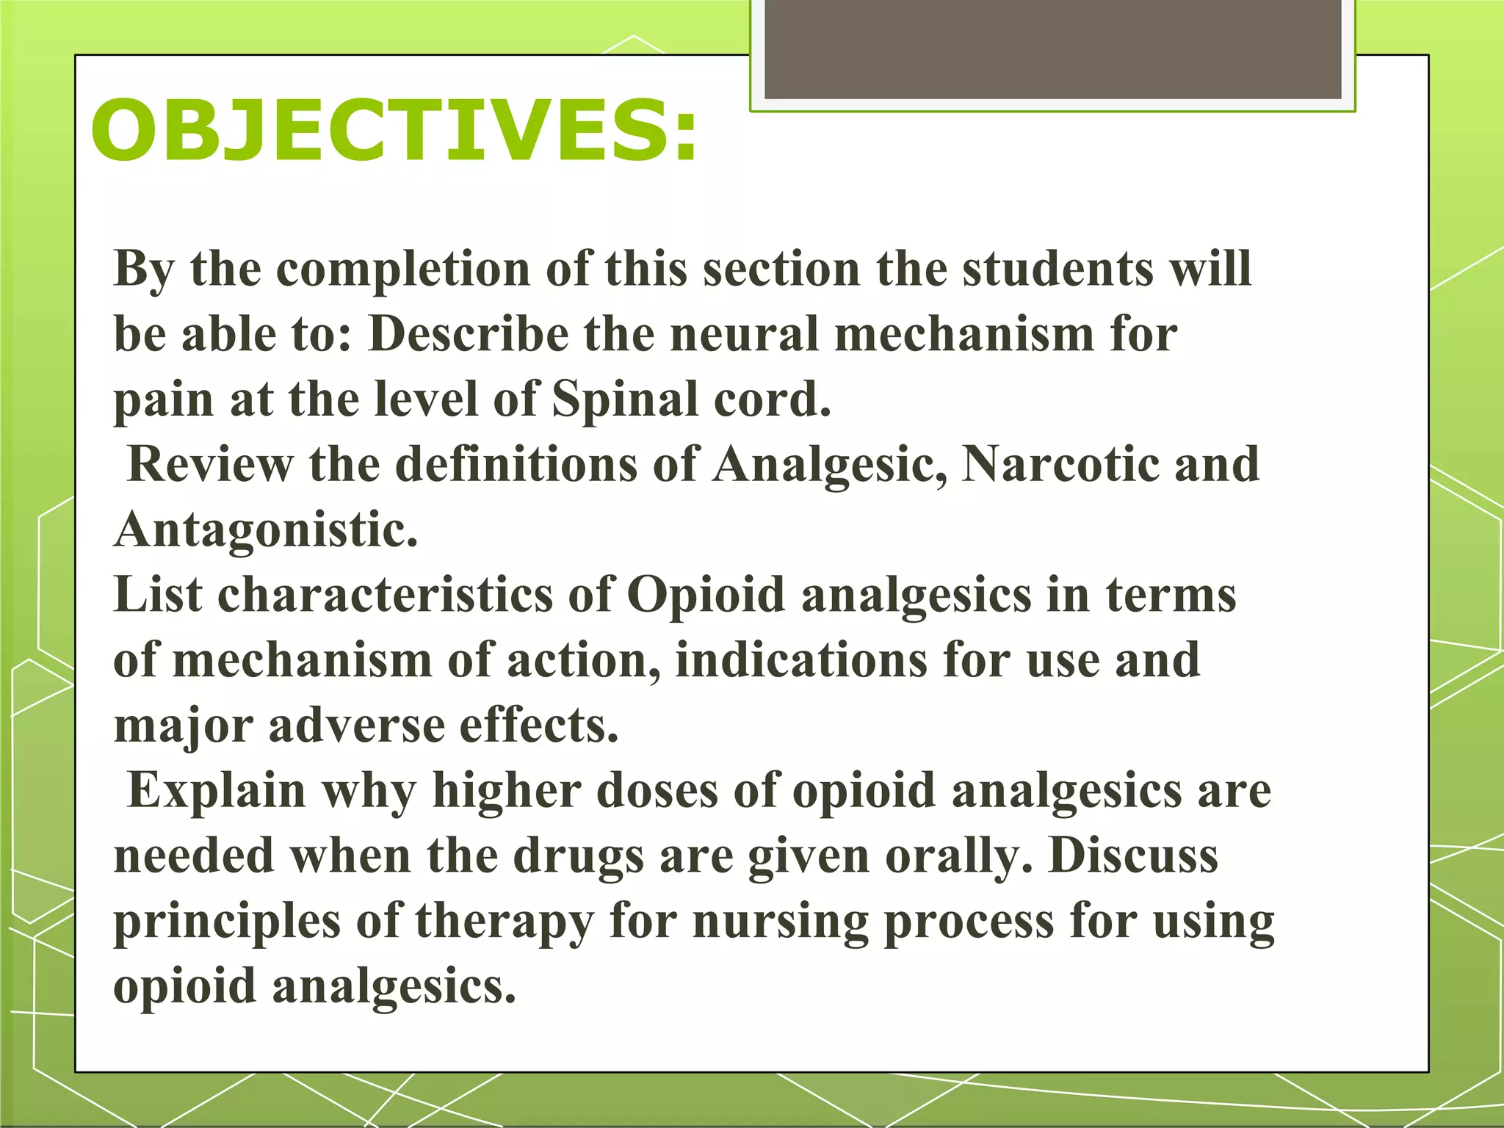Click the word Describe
(469, 335)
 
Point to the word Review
(210, 466)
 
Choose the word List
(158, 595)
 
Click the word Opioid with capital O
(706, 595)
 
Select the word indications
(801, 660)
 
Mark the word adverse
(356, 726)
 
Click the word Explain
(217, 791)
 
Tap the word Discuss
(1133, 856)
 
